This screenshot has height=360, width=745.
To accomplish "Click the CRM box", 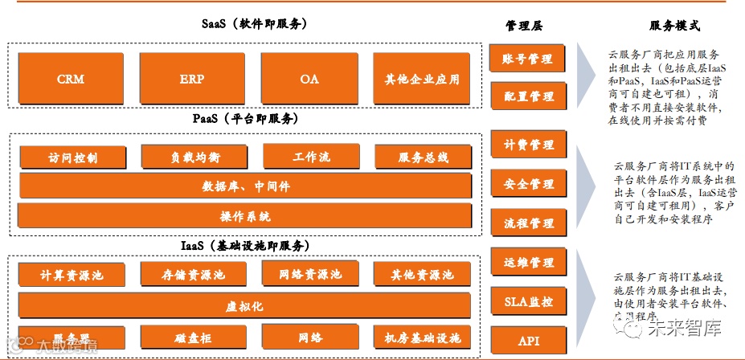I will tap(71, 79).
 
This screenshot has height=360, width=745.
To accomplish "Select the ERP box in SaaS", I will tap(192, 79).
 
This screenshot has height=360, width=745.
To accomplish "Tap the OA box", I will tap(309, 79).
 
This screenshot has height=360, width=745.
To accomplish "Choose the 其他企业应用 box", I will tap(422, 79).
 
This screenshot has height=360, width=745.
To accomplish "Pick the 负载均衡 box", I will tap(193, 157).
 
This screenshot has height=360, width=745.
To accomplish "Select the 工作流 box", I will tap(312, 157).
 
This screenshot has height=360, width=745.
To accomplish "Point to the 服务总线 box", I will tap(423, 157).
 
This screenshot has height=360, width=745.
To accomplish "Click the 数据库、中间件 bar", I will tap(245, 186).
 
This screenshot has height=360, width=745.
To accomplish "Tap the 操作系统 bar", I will tap(245, 215).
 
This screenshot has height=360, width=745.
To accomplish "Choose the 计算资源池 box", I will tap(72, 275).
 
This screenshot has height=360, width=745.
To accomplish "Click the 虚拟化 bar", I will tap(245, 306).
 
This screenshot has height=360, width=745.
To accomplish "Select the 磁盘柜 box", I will tap(193, 338).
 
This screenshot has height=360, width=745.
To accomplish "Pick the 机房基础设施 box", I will tap(423, 338).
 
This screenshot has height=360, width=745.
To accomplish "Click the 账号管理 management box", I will tap(528, 59).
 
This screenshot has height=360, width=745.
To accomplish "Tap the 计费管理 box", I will tap(528, 145).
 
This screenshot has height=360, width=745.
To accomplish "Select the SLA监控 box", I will tap(528, 302).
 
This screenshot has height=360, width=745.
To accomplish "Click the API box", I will tap(528, 341).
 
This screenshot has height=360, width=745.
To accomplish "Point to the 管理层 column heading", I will tap(524, 26).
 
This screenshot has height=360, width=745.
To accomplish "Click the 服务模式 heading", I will tap(673, 26).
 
